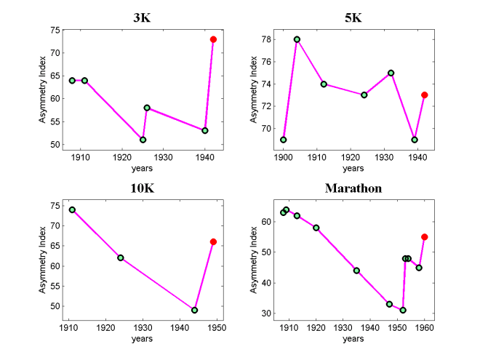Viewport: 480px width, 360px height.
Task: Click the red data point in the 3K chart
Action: (213, 39)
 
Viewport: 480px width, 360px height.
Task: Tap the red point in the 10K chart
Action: (213, 241)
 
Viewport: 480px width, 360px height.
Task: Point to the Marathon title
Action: (353, 188)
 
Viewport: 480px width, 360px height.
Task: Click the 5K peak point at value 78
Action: (297, 39)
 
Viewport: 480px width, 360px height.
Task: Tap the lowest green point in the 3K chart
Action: (143, 140)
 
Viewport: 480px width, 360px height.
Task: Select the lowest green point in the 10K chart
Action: (195, 310)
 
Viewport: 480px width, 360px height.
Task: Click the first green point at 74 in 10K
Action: (72, 209)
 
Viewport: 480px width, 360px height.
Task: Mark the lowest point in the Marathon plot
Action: (403, 310)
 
